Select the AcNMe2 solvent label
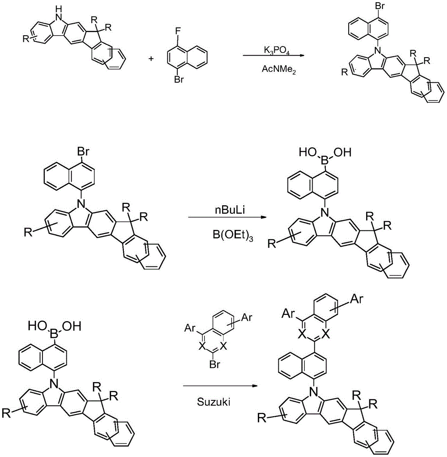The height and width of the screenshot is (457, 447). click(x=278, y=69)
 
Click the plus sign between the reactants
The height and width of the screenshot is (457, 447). click(x=151, y=58)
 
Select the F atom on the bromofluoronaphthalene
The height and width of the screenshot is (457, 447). click(x=178, y=31)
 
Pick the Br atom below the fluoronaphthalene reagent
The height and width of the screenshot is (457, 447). click(x=179, y=79)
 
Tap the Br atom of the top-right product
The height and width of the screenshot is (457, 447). click(x=380, y=6)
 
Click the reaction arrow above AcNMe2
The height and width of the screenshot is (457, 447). click(x=273, y=55)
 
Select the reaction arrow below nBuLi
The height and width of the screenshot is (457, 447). click(x=228, y=217)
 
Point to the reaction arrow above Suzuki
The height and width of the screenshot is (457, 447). click(x=220, y=386)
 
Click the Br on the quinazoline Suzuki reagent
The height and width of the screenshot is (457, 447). click(x=214, y=364)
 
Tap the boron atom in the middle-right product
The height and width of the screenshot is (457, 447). click(x=324, y=153)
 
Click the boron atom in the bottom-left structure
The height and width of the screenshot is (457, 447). click(x=54, y=334)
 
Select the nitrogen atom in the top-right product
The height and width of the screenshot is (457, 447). click(x=378, y=51)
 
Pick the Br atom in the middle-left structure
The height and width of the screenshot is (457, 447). click(x=83, y=152)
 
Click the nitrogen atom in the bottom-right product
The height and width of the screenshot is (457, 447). click(x=314, y=392)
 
